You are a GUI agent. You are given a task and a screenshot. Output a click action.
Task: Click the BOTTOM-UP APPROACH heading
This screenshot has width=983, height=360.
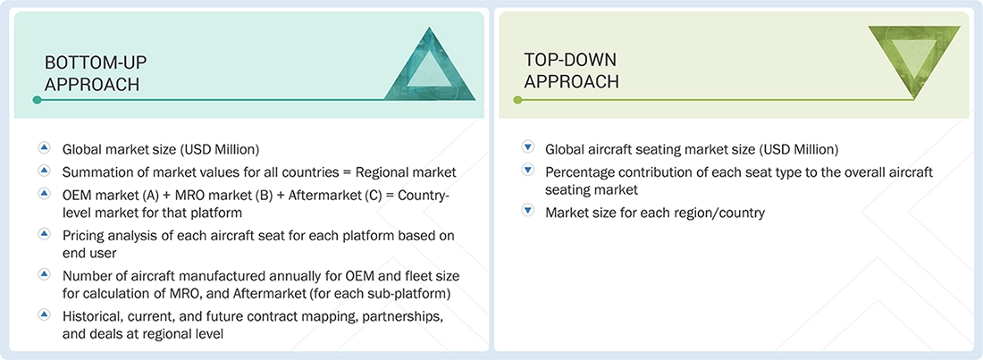96,73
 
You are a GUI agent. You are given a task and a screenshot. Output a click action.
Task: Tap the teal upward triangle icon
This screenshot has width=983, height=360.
429,66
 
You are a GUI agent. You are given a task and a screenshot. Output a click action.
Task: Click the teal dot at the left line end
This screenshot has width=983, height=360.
37,100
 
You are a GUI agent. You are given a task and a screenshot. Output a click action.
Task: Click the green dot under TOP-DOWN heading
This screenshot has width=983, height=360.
517,100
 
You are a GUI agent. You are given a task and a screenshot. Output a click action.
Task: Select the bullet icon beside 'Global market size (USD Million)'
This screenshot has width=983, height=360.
44,148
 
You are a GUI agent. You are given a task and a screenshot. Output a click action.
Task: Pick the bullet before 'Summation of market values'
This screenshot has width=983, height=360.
44,170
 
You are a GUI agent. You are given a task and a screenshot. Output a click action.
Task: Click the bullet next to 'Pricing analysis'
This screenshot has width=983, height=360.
44,233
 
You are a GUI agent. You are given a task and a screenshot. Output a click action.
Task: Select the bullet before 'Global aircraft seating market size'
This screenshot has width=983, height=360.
527,148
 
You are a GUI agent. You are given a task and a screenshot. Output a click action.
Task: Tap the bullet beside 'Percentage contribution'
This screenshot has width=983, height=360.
527,170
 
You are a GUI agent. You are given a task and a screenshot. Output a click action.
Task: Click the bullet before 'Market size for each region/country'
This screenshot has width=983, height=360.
527,212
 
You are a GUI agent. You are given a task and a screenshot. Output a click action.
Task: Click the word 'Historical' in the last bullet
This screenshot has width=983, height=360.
94,318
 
